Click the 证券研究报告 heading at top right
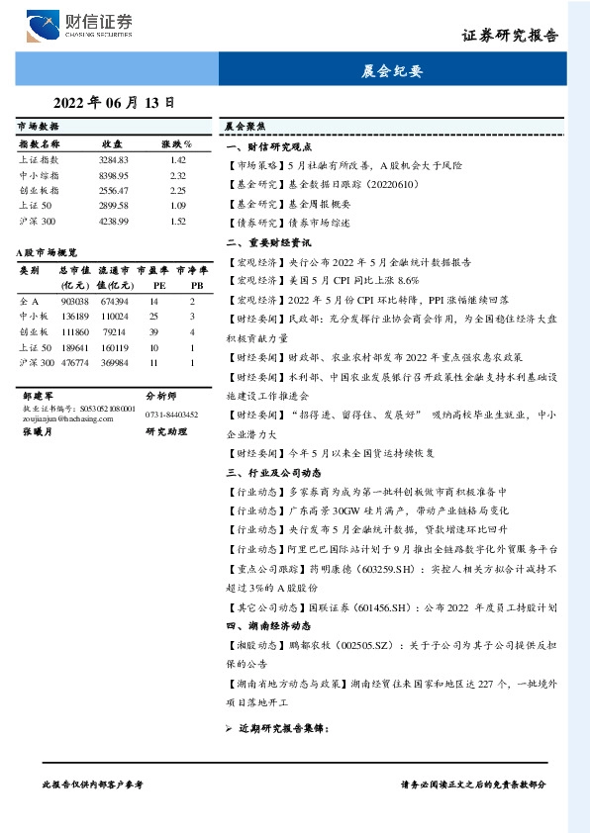[x=510, y=35]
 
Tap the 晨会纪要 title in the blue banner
[x=393, y=71]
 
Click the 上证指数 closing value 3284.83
[x=114, y=159]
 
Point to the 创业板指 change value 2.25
[x=178, y=190]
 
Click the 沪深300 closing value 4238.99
[x=114, y=221]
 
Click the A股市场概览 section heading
[x=48, y=253]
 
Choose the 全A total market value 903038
[x=75, y=300]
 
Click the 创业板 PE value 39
[x=154, y=331]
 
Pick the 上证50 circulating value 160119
[x=115, y=347]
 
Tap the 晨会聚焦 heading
[x=243, y=128]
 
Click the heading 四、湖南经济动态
[x=268, y=625]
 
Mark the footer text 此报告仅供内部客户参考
[x=93, y=784]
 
